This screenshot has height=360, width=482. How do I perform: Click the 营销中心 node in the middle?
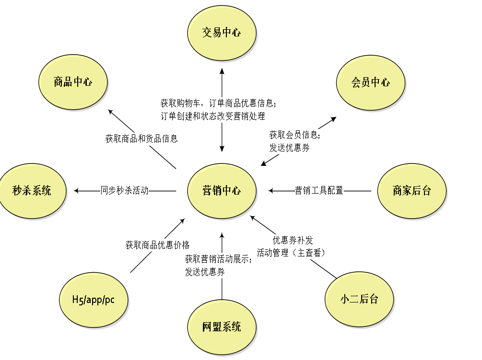222,191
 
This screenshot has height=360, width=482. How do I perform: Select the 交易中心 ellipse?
222,33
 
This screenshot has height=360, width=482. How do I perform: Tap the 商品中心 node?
73,82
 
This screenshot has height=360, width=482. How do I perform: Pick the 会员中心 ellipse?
370,82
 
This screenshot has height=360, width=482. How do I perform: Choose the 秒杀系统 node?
32,191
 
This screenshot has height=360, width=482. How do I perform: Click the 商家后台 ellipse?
411,191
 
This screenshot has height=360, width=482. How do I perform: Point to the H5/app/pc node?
94,300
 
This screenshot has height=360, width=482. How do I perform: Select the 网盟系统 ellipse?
222,327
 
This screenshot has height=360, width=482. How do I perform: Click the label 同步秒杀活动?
125,191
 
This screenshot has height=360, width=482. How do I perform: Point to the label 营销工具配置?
319,191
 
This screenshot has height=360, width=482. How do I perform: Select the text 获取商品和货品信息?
141,139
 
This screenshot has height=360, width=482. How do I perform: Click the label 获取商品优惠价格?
158,245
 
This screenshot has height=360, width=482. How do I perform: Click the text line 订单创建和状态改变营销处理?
212,116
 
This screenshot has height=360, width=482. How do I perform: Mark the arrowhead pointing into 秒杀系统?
76,191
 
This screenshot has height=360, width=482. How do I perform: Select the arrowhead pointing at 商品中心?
110,112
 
